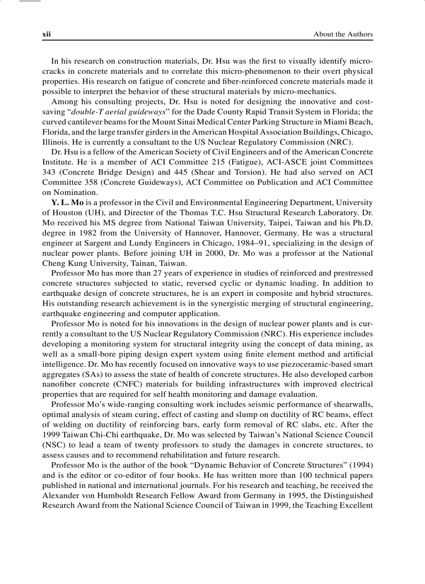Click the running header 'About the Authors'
(x=343, y=34)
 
